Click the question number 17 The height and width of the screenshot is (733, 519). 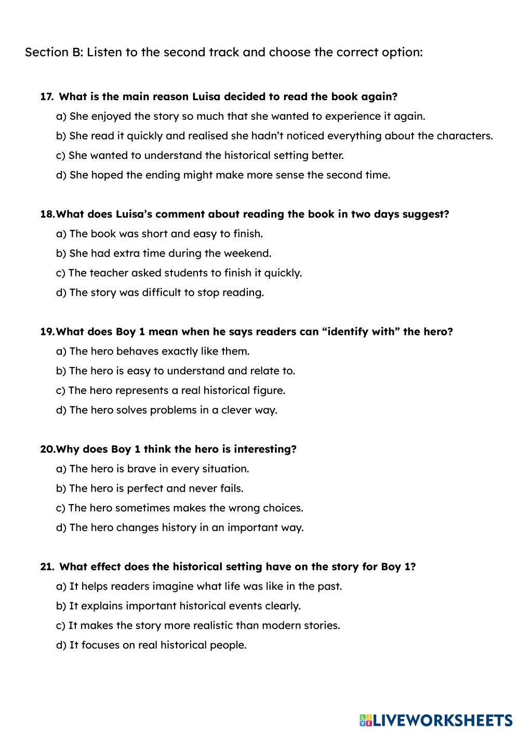[x=46, y=97]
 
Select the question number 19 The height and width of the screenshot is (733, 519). [x=47, y=332]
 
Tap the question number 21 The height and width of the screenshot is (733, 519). [x=46, y=567]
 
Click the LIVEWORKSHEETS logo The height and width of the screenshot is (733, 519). [x=435, y=720]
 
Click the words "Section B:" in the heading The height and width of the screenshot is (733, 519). [x=54, y=52]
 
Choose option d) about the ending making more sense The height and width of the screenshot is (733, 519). [x=223, y=175]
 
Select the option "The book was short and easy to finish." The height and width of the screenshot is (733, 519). [x=159, y=234]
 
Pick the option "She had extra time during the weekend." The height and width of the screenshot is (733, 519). [x=164, y=253]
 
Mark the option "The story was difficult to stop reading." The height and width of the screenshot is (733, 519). [x=160, y=292]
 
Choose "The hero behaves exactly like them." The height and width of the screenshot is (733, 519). [x=153, y=351]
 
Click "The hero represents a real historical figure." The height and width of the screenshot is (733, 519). [x=170, y=390]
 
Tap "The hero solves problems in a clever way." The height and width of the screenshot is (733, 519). [x=166, y=410]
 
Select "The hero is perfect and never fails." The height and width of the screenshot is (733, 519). [x=150, y=488]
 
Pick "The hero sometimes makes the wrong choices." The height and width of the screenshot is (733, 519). [x=179, y=508]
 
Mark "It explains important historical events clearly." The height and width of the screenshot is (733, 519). [x=178, y=606]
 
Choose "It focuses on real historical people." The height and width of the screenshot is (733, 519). [x=151, y=645]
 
